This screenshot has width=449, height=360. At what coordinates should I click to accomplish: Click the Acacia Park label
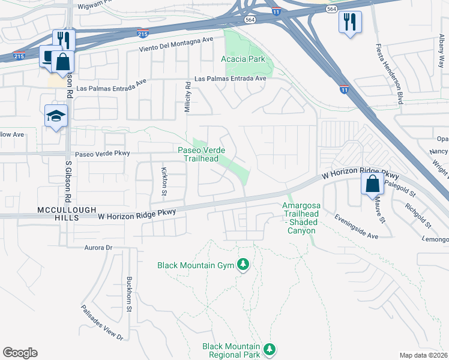243,59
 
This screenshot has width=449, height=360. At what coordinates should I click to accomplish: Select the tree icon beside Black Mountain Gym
243,265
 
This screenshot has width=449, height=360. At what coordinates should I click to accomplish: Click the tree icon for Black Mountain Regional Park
270,349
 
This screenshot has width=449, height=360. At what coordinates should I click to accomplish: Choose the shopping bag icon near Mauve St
372,184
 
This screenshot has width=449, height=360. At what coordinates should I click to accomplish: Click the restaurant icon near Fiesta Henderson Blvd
349,22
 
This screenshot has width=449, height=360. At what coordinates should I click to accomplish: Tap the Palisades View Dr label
102,323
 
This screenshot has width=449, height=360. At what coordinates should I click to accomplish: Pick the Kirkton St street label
164,182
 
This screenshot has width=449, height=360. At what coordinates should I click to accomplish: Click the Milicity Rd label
187,97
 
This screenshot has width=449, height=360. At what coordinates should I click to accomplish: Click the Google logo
20,353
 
